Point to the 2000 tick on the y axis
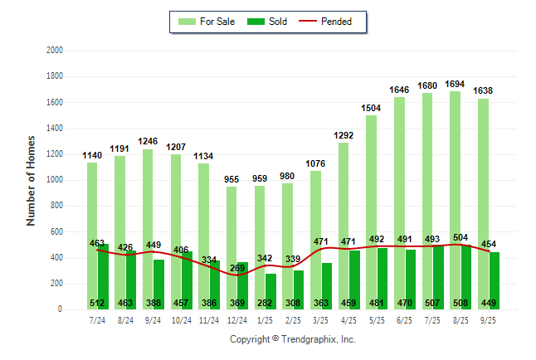[x=55, y=51]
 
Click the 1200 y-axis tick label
[x=55, y=154]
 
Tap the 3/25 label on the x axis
[x=320, y=319]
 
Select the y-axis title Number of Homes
[x=32, y=180]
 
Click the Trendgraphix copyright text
[x=293, y=339]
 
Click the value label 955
[x=236, y=180]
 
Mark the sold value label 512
[x=97, y=303]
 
